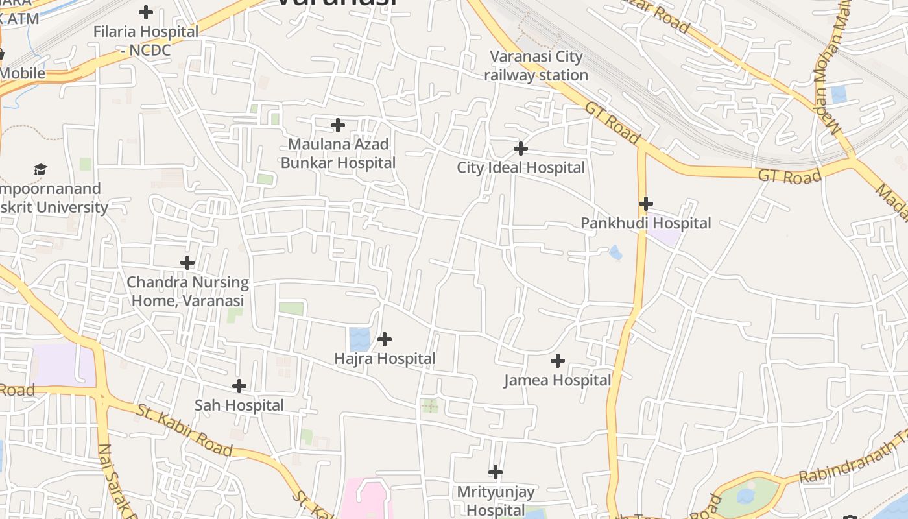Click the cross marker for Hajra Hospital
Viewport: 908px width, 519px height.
(x=385, y=339)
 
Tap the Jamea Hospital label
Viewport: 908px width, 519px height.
(x=558, y=380)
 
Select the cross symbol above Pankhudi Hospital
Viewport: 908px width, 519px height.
(x=645, y=204)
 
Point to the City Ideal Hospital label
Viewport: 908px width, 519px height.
(x=521, y=168)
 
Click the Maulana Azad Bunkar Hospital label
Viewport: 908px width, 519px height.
(x=338, y=153)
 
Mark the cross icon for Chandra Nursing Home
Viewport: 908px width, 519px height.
(x=187, y=263)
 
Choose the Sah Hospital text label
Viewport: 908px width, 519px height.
(x=239, y=405)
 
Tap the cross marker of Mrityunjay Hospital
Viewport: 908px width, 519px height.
(x=496, y=472)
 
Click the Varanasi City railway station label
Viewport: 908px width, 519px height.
(x=536, y=66)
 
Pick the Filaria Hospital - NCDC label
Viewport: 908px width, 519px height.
(x=146, y=40)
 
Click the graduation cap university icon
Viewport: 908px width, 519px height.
(x=41, y=170)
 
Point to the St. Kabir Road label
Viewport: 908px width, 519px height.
(x=184, y=429)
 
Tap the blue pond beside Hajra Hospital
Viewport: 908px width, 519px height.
(x=359, y=339)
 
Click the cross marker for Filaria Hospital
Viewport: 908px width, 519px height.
(x=146, y=12)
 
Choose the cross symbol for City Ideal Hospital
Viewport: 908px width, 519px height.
(x=520, y=149)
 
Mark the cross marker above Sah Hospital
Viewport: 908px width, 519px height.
(x=239, y=386)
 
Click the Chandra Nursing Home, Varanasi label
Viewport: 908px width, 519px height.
(x=187, y=292)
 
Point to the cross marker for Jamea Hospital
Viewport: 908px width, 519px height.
(x=557, y=361)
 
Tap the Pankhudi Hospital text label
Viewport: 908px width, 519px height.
(x=646, y=223)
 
